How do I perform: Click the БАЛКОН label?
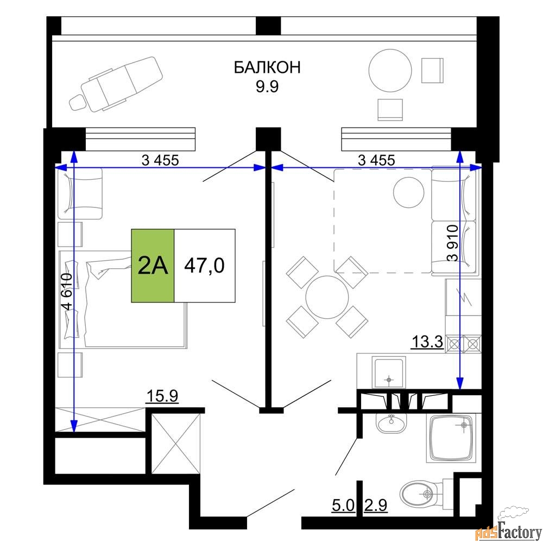(x=267, y=67)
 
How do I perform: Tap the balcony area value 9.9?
(x=267, y=86)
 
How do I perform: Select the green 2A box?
(x=153, y=266)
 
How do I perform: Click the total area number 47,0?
(x=204, y=266)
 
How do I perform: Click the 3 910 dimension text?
(x=453, y=243)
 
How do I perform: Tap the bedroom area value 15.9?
(x=162, y=396)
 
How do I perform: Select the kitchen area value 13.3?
(x=427, y=342)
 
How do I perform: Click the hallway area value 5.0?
(x=343, y=506)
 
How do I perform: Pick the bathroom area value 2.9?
(x=375, y=506)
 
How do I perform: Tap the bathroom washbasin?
(x=392, y=423)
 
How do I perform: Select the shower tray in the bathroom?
(x=451, y=438)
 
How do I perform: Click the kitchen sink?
(x=389, y=372)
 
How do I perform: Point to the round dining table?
(x=326, y=297)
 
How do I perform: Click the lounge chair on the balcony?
(x=116, y=84)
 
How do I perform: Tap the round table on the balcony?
(x=390, y=70)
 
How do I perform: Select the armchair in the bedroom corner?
(x=80, y=194)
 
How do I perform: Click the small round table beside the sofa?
(x=409, y=192)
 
